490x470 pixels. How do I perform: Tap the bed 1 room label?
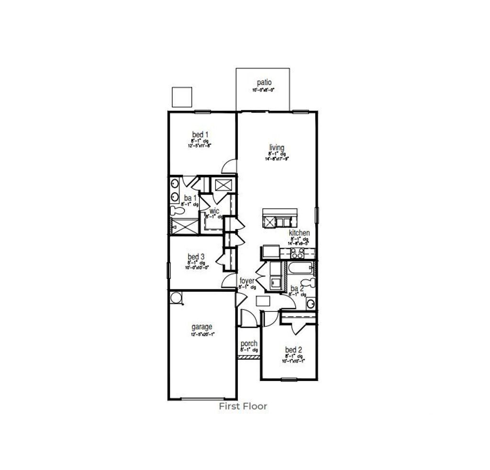point(200,134)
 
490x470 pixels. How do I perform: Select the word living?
point(277,147)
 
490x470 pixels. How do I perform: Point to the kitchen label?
point(299,233)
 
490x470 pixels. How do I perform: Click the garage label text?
point(202,327)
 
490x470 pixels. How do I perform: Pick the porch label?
point(249,344)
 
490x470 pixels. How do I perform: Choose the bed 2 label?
point(293,350)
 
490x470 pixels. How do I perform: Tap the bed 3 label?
point(196,257)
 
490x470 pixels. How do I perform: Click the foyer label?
point(247,281)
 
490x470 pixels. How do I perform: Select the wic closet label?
point(214,211)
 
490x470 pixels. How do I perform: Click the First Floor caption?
point(243,406)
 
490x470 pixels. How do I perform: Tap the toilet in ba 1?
point(175,210)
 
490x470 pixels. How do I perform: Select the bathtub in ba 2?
point(300,268)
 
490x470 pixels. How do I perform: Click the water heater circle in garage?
point(176,298)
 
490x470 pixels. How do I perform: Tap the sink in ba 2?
point(311,303)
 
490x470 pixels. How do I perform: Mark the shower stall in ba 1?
point(184,226)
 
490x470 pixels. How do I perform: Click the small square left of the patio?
point(182,97)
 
